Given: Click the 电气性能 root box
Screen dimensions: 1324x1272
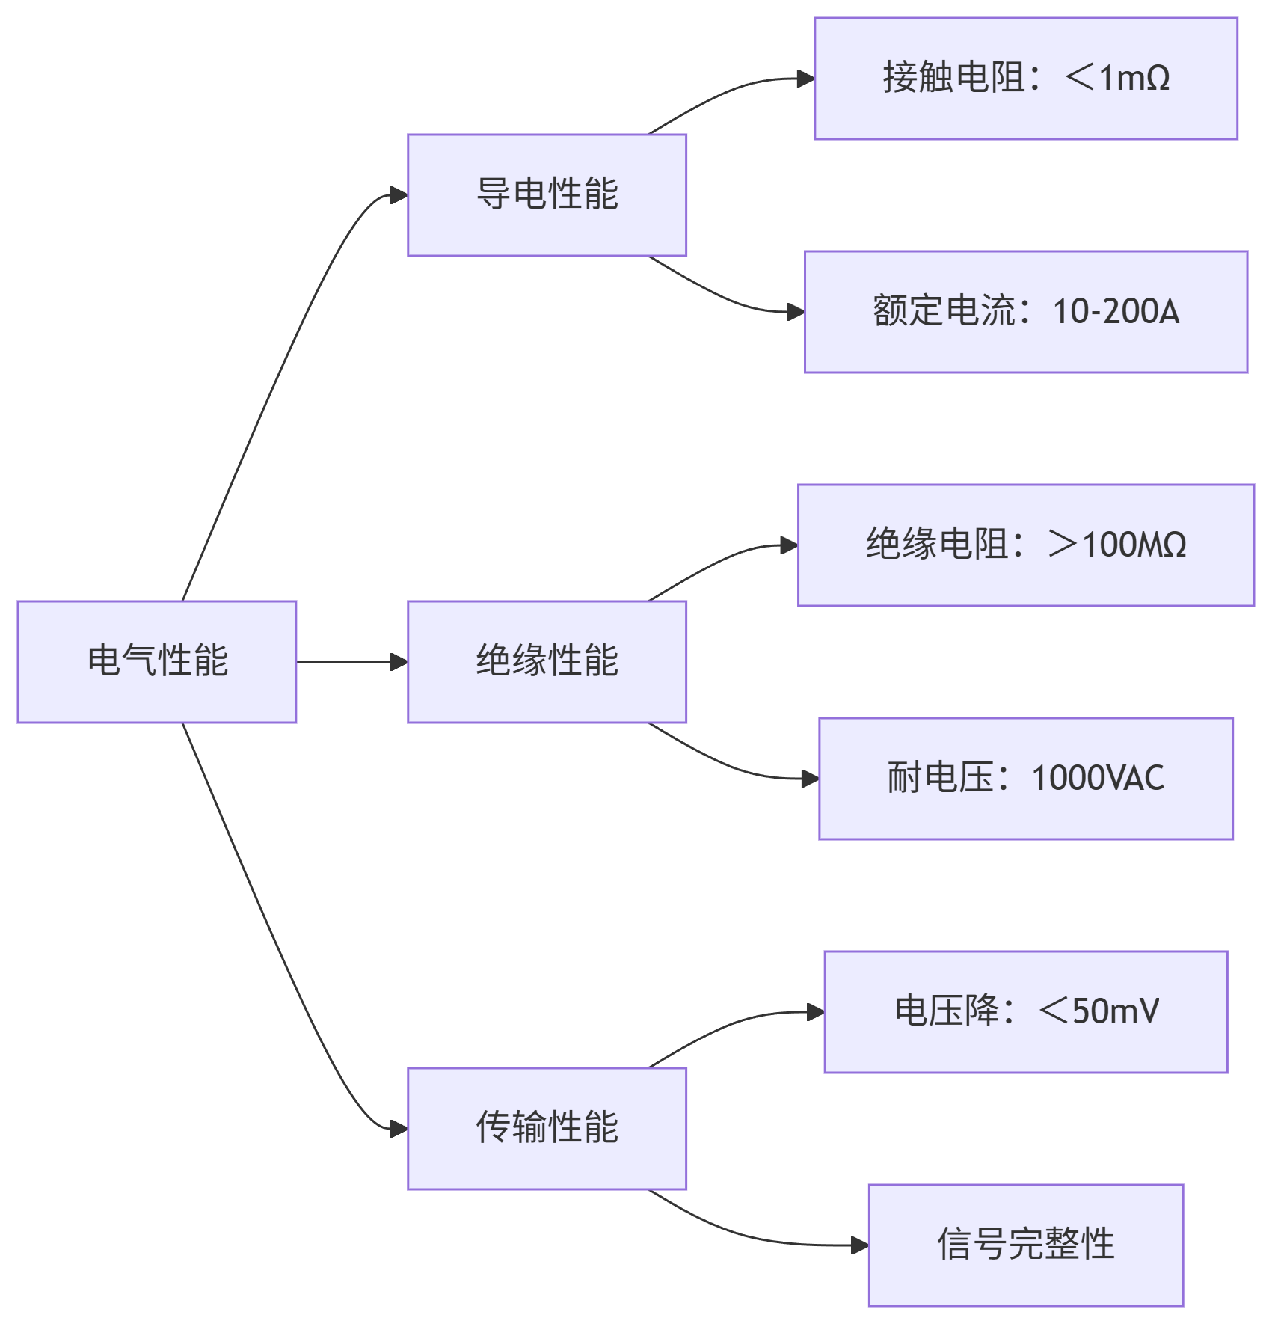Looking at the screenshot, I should [157, 661].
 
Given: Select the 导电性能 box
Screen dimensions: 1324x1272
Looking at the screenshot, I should [547, 194].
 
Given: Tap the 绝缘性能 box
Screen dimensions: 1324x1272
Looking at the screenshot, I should [547, 661].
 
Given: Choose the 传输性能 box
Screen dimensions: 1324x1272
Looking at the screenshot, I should [547, 1128].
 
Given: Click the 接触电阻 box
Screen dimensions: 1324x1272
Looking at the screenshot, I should [1025, 79].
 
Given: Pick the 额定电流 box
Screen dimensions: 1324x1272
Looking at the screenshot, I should [1025, 312].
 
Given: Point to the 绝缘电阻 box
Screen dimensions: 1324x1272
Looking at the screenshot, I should [1025, 545].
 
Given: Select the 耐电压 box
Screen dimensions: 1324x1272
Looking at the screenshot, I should [1025, 779].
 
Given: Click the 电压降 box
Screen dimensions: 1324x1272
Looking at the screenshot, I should [1025, 1012].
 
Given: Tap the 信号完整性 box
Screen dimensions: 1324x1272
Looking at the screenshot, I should [1025, 1245].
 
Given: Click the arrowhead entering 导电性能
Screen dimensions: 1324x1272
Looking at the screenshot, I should [399, 195].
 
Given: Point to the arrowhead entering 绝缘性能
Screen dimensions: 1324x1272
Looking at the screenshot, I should [399, 662].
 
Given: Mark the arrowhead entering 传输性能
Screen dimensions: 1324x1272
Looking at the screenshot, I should [399, 1129].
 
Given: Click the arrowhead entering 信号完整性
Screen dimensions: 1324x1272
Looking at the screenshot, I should [860, 1245].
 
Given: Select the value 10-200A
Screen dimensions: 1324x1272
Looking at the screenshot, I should [1116, 312].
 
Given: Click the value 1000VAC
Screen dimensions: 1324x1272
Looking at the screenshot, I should [1098, 779].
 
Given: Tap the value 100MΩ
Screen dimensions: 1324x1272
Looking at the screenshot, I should [1134, 545].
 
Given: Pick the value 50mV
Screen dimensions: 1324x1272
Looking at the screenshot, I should [1116, 1012].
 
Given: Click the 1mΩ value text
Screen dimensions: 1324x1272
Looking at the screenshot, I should [1134, 79].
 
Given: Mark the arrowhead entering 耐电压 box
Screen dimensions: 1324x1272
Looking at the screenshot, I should [811, 779].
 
